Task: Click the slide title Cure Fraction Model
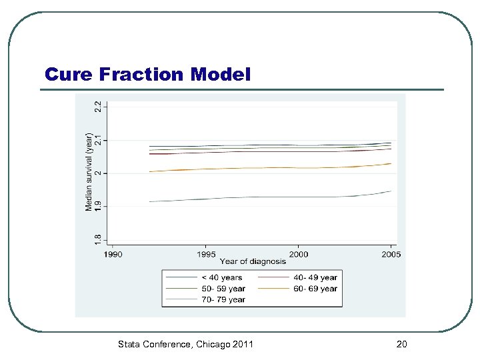pyautogui.click(x=148, y=74)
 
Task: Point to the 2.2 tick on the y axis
pyautogui.click(x=98, y=106)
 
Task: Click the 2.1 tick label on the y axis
pyautogui.click(x=98, y=140)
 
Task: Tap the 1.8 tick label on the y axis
pyautogui.click(x=98, y=238)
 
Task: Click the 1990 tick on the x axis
pyautogui.click(x=112, y=254)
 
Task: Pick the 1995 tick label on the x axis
pyautogui.click(x=205, y=254)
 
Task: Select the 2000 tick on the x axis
pyautogui.click(x=298, y=254)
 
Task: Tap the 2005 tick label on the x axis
pyautogui.click(x=391, y=254)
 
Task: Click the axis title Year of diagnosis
pyautogui.click(x=252, y=261)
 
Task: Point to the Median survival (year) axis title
pyautogui.click(x=89, y=171)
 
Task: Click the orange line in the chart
pyautogui.click(x=267, y=168)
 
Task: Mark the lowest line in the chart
pyautogui.click(x=267, y=197)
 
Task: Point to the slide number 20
pyautogui.click(x=401, y=344)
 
